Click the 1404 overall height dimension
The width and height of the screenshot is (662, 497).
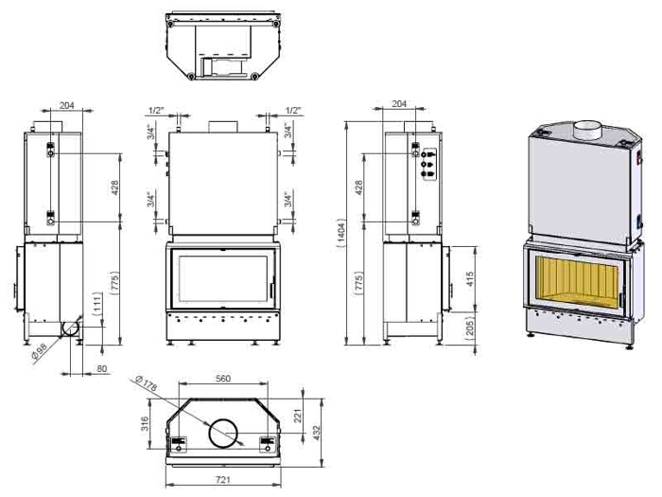click(x=340, y=233)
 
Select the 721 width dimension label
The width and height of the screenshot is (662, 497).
click(x=223, y=480)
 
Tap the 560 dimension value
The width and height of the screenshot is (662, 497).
click(x=223, y=379)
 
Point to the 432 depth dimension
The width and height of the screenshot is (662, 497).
click(x=317, y=434)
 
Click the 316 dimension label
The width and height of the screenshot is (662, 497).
click(x=145, y=424)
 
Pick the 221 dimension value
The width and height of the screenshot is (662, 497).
click(x=297, y=416)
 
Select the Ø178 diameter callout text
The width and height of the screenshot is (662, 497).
click(x=146, y=382)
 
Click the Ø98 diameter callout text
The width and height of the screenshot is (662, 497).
click(x=39, y=351)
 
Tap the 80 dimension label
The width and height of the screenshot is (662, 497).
click(x=102, y=369)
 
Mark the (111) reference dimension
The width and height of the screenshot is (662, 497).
click(x=97, y=304)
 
